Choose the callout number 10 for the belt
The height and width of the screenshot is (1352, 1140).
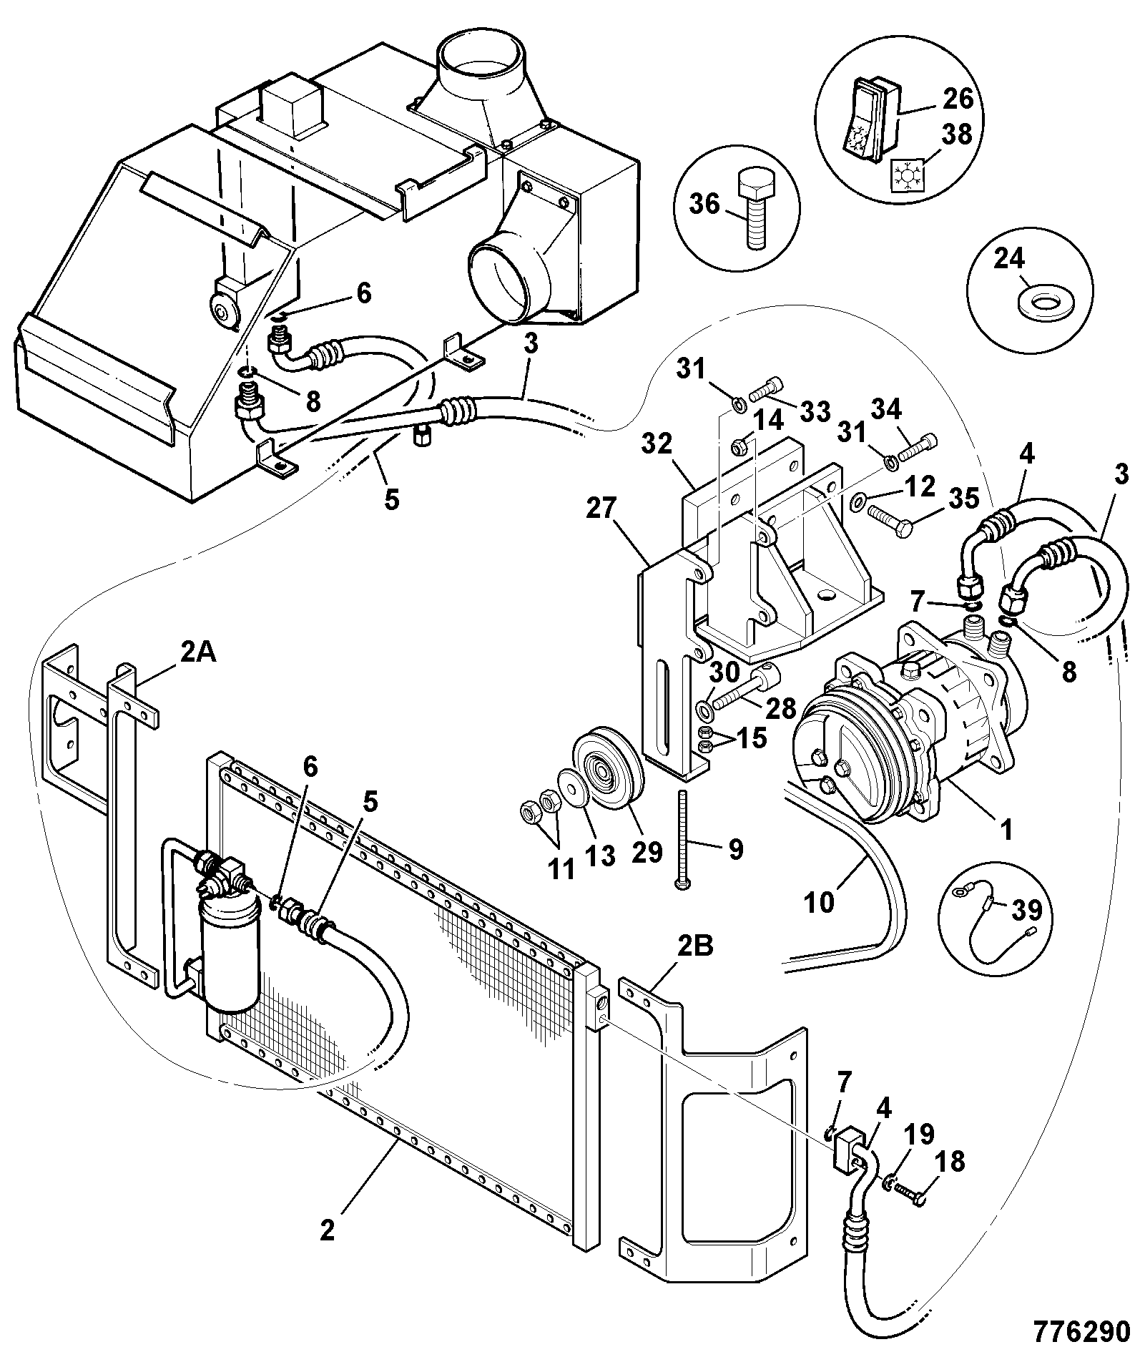[819, 903]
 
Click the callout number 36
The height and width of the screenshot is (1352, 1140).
[704, 204]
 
